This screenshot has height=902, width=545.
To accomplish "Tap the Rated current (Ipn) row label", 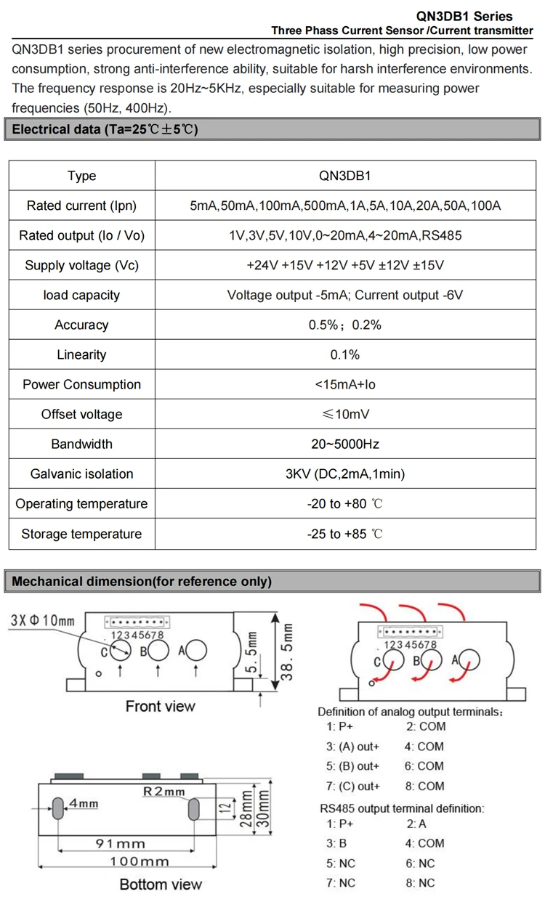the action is [81, 206].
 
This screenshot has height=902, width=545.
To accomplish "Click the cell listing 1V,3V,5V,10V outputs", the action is [345, 235].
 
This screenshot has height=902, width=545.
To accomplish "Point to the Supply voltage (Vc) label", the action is [81, 265].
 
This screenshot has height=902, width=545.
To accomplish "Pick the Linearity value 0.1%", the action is [345, 354].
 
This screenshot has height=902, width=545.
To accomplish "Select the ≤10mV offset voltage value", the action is [345, 414].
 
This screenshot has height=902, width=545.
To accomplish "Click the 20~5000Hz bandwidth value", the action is [345, 444].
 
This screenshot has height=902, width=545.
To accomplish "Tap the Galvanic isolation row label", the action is [81, 474].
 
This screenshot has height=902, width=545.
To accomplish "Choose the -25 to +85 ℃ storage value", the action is [345, 534].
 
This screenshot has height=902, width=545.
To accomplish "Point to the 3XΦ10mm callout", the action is [43, 621].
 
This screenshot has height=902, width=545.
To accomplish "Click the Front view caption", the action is [161, 706].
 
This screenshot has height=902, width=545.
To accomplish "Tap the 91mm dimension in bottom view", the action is [121, 843].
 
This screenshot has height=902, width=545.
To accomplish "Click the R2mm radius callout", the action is [164, 792].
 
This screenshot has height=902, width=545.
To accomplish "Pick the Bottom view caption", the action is [161, 884].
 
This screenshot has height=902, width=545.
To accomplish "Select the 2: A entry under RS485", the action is [416, 824].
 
